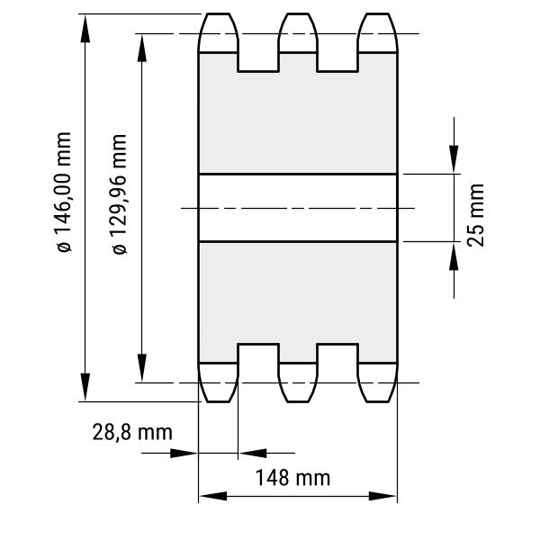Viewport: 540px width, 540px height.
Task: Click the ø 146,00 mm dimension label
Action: click(64, 193)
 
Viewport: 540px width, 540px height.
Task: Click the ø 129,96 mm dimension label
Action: click(120, 194)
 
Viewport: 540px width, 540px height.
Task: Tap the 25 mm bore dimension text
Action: click(475, 215)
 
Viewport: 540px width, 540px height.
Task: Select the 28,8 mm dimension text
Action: click(132, 433)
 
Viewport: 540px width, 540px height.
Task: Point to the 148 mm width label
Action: click(292, 478)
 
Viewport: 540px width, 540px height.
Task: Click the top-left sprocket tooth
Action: click(218, 33)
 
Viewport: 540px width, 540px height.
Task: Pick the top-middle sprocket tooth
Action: click(298, 33)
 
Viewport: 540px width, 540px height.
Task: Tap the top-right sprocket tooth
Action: click(378, 33)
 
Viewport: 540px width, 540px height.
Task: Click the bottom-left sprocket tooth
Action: click(218, 382)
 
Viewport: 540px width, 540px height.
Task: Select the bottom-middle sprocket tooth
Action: click(298, 382)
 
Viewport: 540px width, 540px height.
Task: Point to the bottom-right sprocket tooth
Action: click(378, 382)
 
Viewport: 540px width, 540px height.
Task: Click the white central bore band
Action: click(298, 208)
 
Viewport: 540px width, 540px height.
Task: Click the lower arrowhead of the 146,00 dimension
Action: click(85, 387)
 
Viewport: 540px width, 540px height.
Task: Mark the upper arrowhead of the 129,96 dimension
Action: click(142, 48)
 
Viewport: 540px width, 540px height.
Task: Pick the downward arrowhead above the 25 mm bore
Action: click(454, 159)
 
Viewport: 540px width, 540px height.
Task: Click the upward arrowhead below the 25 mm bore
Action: click(454, 256)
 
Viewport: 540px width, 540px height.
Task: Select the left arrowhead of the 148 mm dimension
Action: click(213, 496)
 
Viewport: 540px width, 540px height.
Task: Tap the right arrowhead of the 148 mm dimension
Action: click(382, 496)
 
